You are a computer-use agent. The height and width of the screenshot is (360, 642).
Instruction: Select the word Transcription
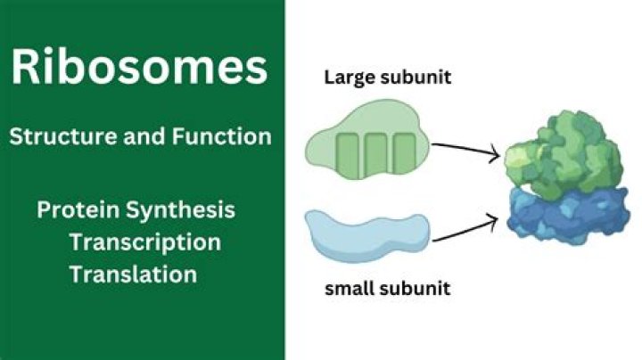pyautogui.click(x=144, y=241)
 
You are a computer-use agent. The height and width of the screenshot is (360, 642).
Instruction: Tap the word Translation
pyautogui.click(x=133, y=274)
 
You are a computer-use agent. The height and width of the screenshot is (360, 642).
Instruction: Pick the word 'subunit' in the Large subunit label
pyautogui.click(x=416, y=78)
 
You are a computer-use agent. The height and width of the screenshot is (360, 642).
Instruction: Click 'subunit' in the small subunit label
pyautogui.click(x=415, y=288)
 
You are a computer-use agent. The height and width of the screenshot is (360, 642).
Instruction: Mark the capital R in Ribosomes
pyautogui.click(x=27, y=70)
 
